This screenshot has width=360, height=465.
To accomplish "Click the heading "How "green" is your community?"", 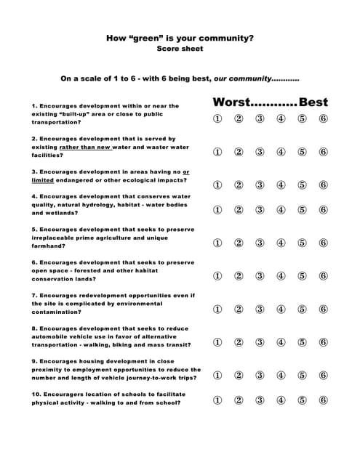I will [180, 37].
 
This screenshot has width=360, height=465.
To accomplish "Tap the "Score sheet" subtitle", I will [180, 49].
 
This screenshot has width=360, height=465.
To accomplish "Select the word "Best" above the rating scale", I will [313, 102].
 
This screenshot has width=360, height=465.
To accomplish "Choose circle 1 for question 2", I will [217, 152].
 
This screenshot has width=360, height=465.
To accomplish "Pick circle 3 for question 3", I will [260, 185].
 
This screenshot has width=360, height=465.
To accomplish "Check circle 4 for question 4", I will [281, 210].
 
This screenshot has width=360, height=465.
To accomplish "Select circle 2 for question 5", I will [239, 243].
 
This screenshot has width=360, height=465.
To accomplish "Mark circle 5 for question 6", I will [302, 276].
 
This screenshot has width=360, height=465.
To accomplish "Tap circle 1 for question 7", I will [217, 309].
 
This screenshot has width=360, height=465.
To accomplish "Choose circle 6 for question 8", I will [323, 342].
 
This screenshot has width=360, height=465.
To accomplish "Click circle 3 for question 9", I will [260, 375].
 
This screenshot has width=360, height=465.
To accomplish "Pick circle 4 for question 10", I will [281, 400].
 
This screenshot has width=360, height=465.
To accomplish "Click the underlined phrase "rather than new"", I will [85, 147].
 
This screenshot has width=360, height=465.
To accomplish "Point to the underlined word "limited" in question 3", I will [43, 179].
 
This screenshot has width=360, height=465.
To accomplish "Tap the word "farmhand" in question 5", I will [45, 246].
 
